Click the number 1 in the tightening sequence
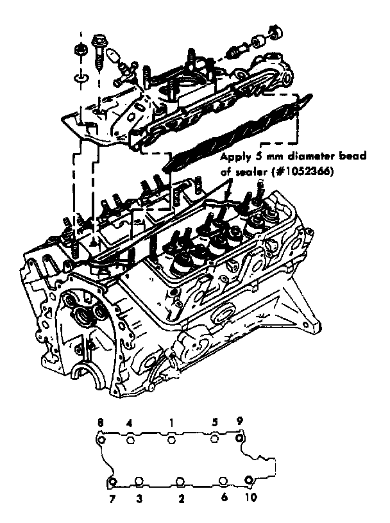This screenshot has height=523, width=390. click(x=171, y=423)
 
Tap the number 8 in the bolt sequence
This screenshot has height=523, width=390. click(x=100, y=423)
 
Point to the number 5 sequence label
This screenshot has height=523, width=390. click(x=215, y=423)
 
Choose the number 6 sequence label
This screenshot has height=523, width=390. click(x=224, y=497)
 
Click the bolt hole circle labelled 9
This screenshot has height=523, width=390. click(x=240, y=439)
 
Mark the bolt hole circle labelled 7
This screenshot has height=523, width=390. click(x=112, y=482)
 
